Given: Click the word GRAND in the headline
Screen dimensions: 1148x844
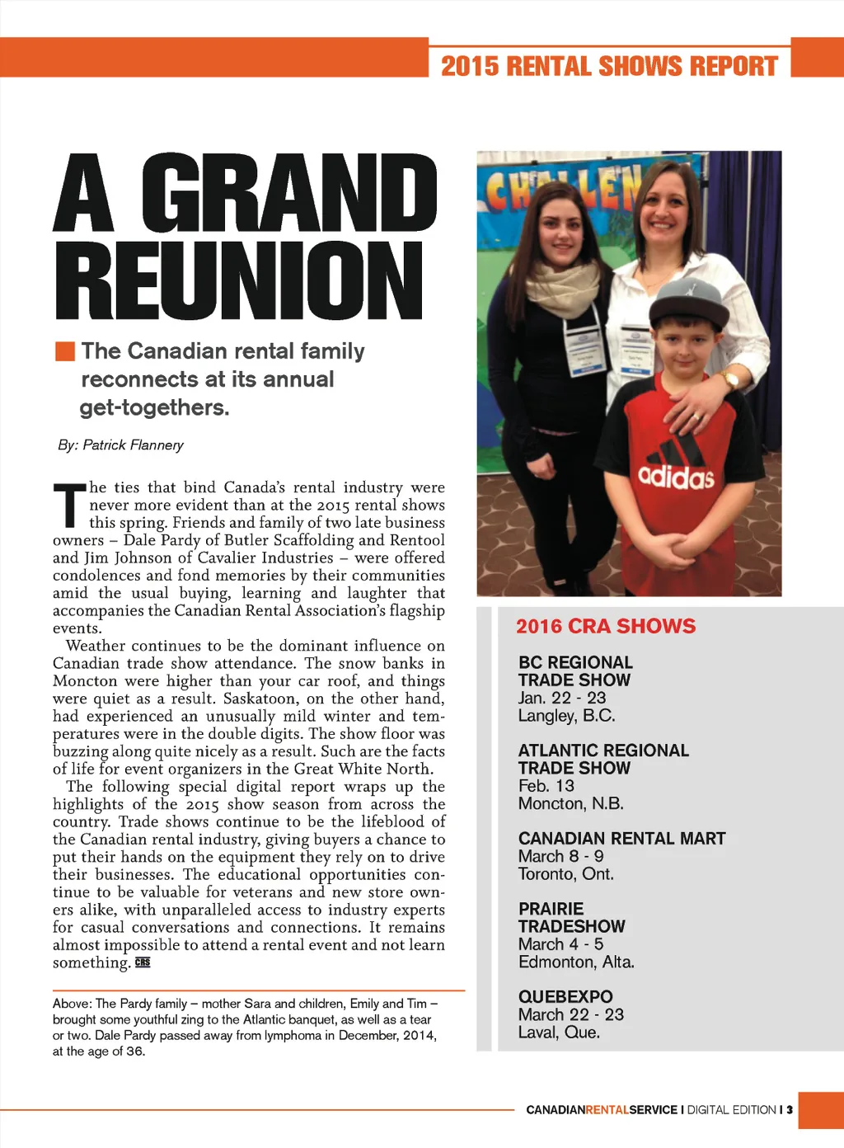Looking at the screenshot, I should pyautogui.click(x=289, y=194).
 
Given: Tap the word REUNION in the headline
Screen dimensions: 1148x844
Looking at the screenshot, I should pyautogui.click(x=239, y=280).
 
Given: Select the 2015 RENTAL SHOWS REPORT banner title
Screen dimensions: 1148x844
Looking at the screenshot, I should pyautogui.click(x=609, y=66).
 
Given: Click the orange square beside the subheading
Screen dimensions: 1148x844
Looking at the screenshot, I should pyautogui.click(x=65, y=351).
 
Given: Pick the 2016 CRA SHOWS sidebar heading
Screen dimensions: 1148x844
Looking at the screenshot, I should pyautogui.click(x=606, y=627).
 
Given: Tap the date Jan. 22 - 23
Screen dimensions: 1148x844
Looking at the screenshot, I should pyautogui.click(x=562, y=698).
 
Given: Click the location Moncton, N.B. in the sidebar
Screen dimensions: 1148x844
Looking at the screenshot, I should pyautogui.click(x=570, y=803).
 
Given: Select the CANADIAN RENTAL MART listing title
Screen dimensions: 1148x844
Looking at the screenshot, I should pyautogui.click(x=621, y=839).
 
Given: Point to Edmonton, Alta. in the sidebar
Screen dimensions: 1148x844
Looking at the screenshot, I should pyautogui.click(x=576, y=962).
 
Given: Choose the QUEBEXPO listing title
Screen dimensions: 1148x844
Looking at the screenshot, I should pyautogui.click(x=565, y=997).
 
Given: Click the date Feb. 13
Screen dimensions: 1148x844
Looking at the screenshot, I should pyautogui.click(x=546, y=786).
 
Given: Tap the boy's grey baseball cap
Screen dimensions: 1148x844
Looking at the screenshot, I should pyautogui.click(x=688, y=302).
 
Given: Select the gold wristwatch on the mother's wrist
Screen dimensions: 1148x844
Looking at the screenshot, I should pyautogui.click(x=729, y=380).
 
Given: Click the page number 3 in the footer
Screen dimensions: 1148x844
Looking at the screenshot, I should pyautogui.click(x=789, y=1110).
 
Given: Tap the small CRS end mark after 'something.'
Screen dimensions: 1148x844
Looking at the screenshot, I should pyautogui.click(x=143, y=962).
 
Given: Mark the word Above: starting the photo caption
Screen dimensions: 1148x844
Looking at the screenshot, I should pyautogui.click(x=73, y=1004).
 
